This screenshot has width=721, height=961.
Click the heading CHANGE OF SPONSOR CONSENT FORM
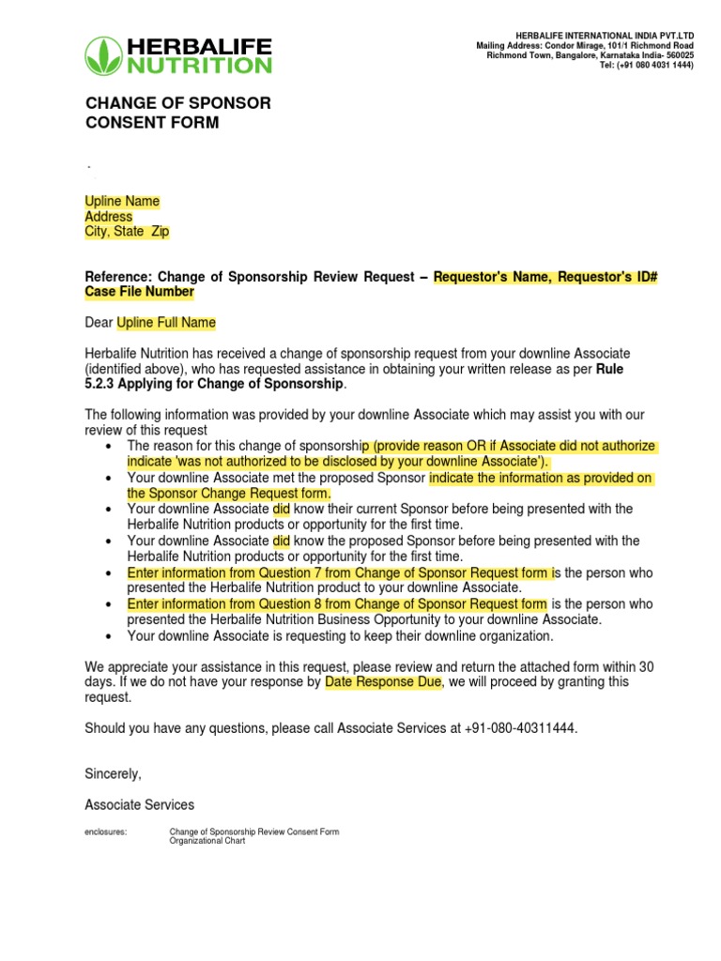177,113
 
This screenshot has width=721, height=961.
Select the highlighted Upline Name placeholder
122,202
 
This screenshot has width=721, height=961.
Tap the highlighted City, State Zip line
128,232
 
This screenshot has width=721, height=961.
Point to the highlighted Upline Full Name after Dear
166,323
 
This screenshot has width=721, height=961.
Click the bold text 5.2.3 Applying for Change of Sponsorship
215,385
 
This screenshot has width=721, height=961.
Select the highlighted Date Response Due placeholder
383,682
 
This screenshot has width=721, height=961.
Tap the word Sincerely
113,774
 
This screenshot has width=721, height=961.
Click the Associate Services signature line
140,804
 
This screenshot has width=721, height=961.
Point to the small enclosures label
105,831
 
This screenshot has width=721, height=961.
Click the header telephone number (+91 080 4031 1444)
646,66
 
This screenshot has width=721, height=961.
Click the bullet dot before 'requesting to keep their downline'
112,636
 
